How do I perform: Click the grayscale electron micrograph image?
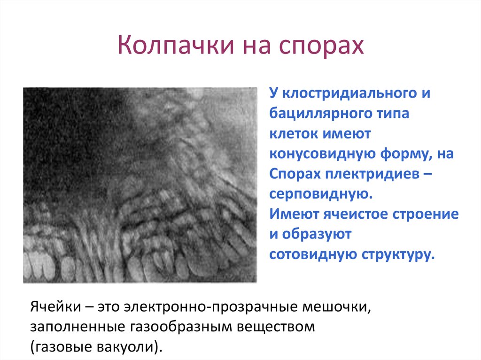(140, 185)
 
